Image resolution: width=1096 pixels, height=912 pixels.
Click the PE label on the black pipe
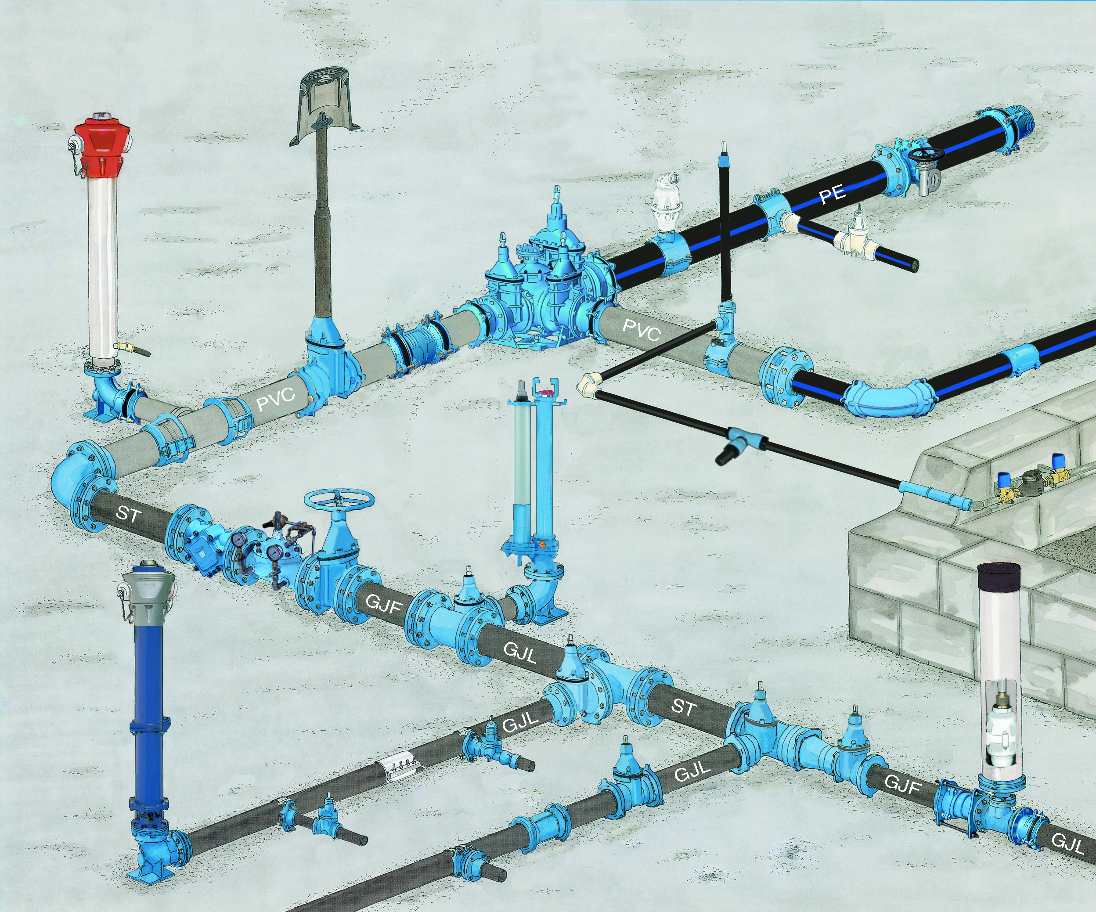[x=833, y=194]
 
